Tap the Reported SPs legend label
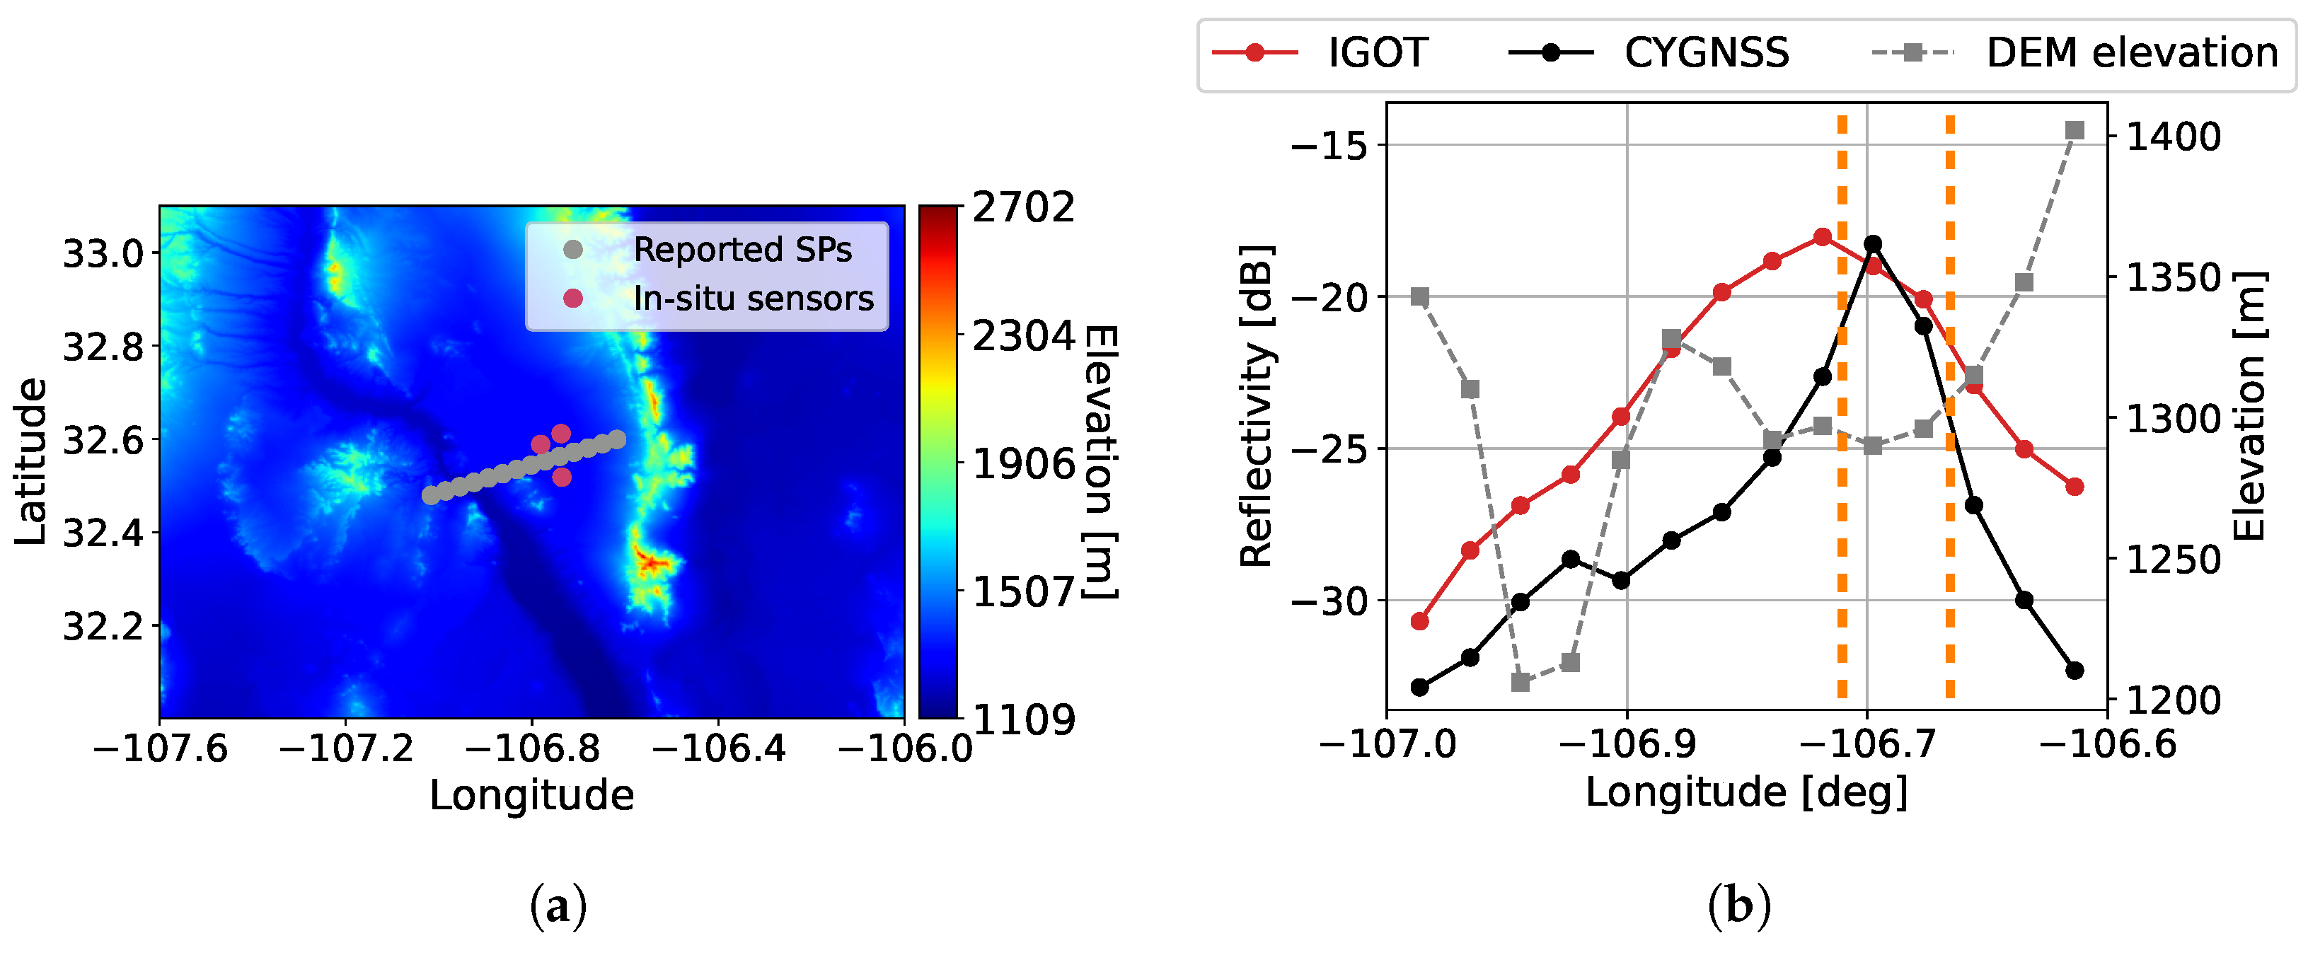pos(742,250)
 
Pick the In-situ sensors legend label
pos(753,299)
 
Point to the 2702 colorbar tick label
pos(1023,208)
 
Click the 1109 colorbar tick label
pos(1023,719)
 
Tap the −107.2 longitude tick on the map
pos(346,747)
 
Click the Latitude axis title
pos(31,461)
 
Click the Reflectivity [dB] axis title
pos(1256,405)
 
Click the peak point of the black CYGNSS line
pos(1873,243)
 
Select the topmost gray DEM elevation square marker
pos(2074,131)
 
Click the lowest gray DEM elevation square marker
pos(1520,683)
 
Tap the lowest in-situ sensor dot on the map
pos(561,477)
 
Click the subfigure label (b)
pos(1738,907)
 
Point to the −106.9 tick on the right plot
pos(1627,743)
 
